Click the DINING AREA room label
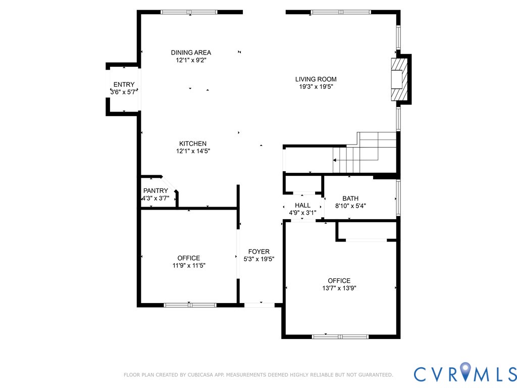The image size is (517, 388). pos(191,53)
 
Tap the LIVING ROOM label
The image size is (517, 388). pos(316,79)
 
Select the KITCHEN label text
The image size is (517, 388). pos(193,143)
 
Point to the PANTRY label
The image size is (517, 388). pos(156,190)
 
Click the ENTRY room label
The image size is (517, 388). pos(124,85)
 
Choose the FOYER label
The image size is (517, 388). pos(259,252)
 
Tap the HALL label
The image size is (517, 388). pos(303,206)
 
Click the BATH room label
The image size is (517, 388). pos(350,199)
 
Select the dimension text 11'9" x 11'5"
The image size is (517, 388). pos(189,266)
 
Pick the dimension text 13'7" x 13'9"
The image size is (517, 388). pos(339,288)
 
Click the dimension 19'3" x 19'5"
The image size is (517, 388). pos(316,87)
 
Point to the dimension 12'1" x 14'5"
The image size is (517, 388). pos(193,151)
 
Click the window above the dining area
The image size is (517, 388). pos(189,12)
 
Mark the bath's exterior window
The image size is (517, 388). pos(398,198)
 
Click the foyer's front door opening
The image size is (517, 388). pos(260,305)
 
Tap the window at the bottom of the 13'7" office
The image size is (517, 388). pos(340,337)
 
